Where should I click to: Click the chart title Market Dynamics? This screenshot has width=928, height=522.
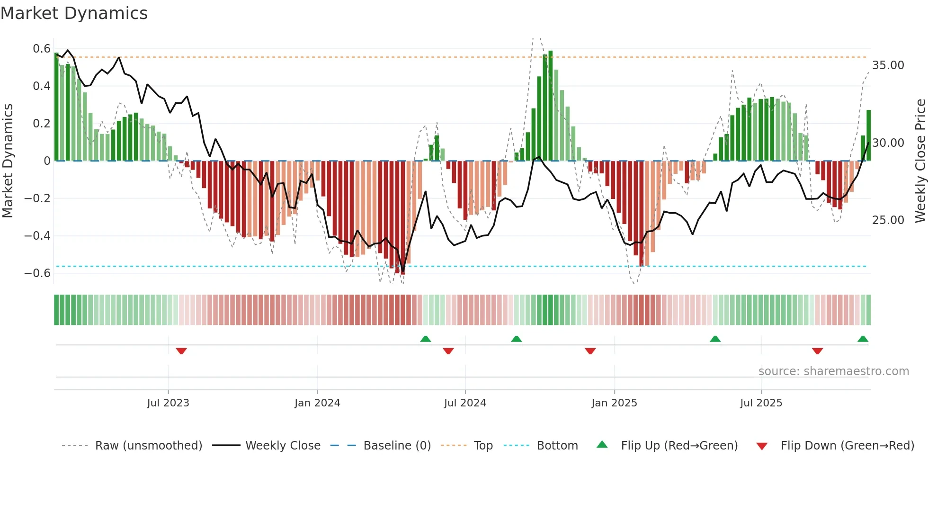point(74,13)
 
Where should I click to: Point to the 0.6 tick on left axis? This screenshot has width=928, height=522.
point(42,49)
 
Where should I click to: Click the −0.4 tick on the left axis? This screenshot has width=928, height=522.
point(37,236)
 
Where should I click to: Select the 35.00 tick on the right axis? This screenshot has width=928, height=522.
point(888,65)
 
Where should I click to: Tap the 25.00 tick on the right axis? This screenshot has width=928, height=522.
point(888,220)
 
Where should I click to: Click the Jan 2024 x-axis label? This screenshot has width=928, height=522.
point(317,403)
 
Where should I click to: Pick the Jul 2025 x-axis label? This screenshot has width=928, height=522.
point(761,403)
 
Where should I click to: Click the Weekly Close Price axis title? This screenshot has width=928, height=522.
point(920,161)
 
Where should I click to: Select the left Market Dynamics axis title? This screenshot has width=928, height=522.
point(8,161)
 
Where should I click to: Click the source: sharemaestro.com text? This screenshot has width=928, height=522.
point(833,371)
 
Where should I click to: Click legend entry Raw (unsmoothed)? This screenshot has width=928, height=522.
point(148,446)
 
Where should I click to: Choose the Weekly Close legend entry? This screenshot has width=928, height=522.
point(283,446)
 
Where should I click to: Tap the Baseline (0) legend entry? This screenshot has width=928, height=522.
point(397,446)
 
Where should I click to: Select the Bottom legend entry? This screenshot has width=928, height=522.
point(557,446)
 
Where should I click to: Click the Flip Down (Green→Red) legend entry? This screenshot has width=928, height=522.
point(847,446)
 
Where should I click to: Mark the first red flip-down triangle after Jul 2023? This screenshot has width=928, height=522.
point(181,351)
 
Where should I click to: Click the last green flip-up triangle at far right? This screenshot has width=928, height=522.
point(863,339)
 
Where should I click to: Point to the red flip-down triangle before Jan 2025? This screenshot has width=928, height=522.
point(590,351)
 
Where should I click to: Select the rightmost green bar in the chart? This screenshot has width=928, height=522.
point(868,135)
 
